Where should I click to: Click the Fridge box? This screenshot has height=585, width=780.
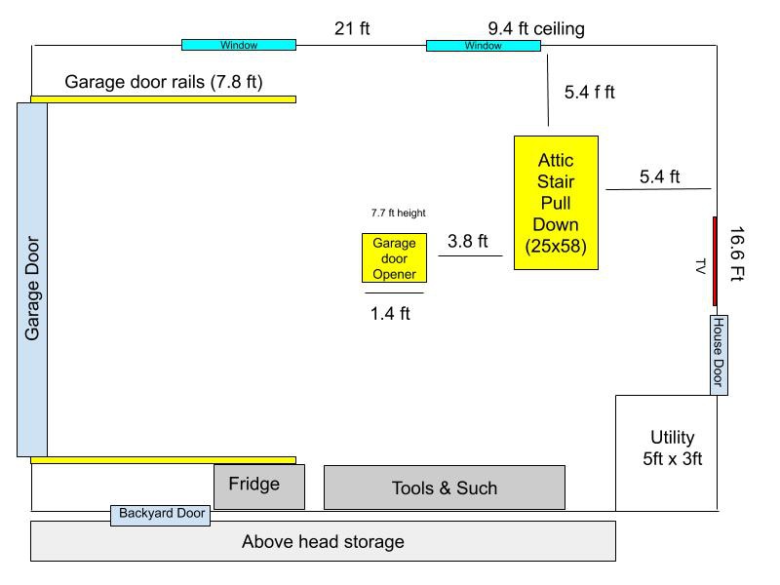(x=259, y=487)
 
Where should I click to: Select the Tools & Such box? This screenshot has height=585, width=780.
(x=445, y=487)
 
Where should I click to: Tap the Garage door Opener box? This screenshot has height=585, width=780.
(x=394, y=257)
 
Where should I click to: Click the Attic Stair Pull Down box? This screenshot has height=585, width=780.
(x=556, y=203)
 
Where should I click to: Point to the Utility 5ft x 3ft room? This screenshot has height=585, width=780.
(x=666, y=453)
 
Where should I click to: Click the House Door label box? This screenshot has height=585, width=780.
(x=719, y=355)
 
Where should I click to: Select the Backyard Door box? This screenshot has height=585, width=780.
(x=160, y=515)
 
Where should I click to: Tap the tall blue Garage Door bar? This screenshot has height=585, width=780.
(x=32, y=280)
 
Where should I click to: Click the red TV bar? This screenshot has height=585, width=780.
(x=715, y=261)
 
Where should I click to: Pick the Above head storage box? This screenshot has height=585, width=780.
(x=323, y=541)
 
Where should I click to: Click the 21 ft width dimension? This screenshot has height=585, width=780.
(x=352, y=28)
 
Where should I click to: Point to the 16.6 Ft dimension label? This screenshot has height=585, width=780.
(x=737, y=253)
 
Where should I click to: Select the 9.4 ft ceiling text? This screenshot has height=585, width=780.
(x=536, y=29)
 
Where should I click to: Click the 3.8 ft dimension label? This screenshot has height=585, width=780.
(x=468, y=241)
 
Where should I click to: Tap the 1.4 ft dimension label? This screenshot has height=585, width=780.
(x=390, y=313)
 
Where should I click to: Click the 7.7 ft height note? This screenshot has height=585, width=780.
(x=399, y=213)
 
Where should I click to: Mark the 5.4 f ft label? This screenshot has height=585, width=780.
(x=590, y=92)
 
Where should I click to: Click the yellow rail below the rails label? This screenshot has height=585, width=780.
(x=163, y=99)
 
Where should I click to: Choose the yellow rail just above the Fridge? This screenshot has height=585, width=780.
(x=163, y=460)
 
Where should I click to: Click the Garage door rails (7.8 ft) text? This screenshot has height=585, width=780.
(x=164, y=82)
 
